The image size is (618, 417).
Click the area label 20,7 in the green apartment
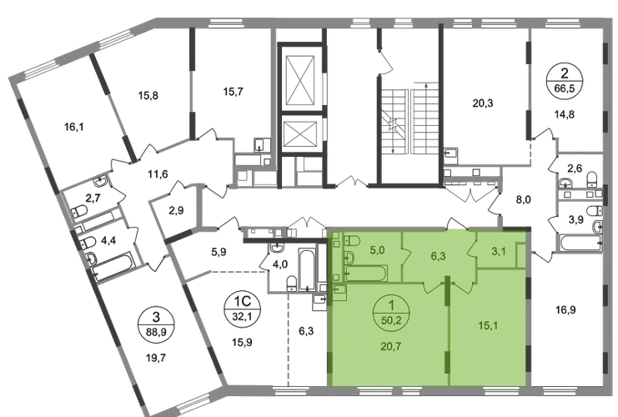[x=391, y=347]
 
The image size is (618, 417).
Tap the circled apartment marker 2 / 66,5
[x=565, y=80]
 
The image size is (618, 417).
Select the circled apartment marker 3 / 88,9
[x=156, y=324]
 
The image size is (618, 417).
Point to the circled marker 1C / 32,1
[x=243, y=309]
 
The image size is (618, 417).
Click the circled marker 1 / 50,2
[x=391, y=312]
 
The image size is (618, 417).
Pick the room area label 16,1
[x=74, y=127]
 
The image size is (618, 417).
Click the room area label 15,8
[x=148, y=95]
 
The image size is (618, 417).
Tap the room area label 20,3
[x=483, y=103]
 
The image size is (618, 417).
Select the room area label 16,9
[x=565, y=309]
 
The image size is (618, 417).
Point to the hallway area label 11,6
[x=158, y=173]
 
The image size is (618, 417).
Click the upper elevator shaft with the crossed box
[x=300, y=79]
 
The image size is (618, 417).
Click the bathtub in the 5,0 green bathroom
[x=366, y=274]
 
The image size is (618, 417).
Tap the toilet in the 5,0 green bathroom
[x=352, y=240]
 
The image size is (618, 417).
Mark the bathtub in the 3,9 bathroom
[x=580, y=244]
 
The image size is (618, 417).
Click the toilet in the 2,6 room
[x=592, y=179]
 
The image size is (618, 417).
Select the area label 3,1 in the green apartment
[x=499, y=252]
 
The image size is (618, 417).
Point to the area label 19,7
[x=156, y=358]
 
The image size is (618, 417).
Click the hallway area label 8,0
[x=523, y=200]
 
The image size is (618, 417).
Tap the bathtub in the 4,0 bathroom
[x=306, y=269]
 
